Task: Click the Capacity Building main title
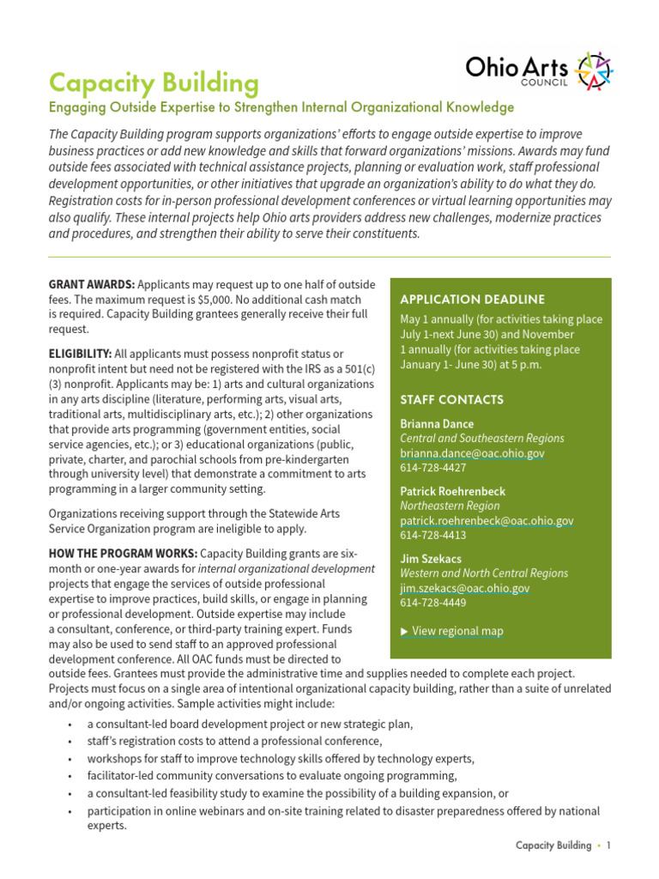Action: click(154, 83)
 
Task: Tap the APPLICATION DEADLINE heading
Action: click(472, 300)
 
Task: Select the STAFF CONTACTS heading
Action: click(451, 400)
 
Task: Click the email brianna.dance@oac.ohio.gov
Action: click(472, 453)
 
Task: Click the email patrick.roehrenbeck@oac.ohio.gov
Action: click(487, 521)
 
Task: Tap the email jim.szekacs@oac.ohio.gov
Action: click(464, 588)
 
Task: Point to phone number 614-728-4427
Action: click(433, 468)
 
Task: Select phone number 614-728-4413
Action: click(433, 536)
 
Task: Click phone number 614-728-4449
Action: click(433, 603)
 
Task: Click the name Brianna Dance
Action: click(437, 424)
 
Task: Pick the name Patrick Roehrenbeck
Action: click(452, 491)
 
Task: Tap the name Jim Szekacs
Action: click(430, 559)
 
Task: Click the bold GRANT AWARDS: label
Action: click(92, 284)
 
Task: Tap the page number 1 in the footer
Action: click(608, 846)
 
